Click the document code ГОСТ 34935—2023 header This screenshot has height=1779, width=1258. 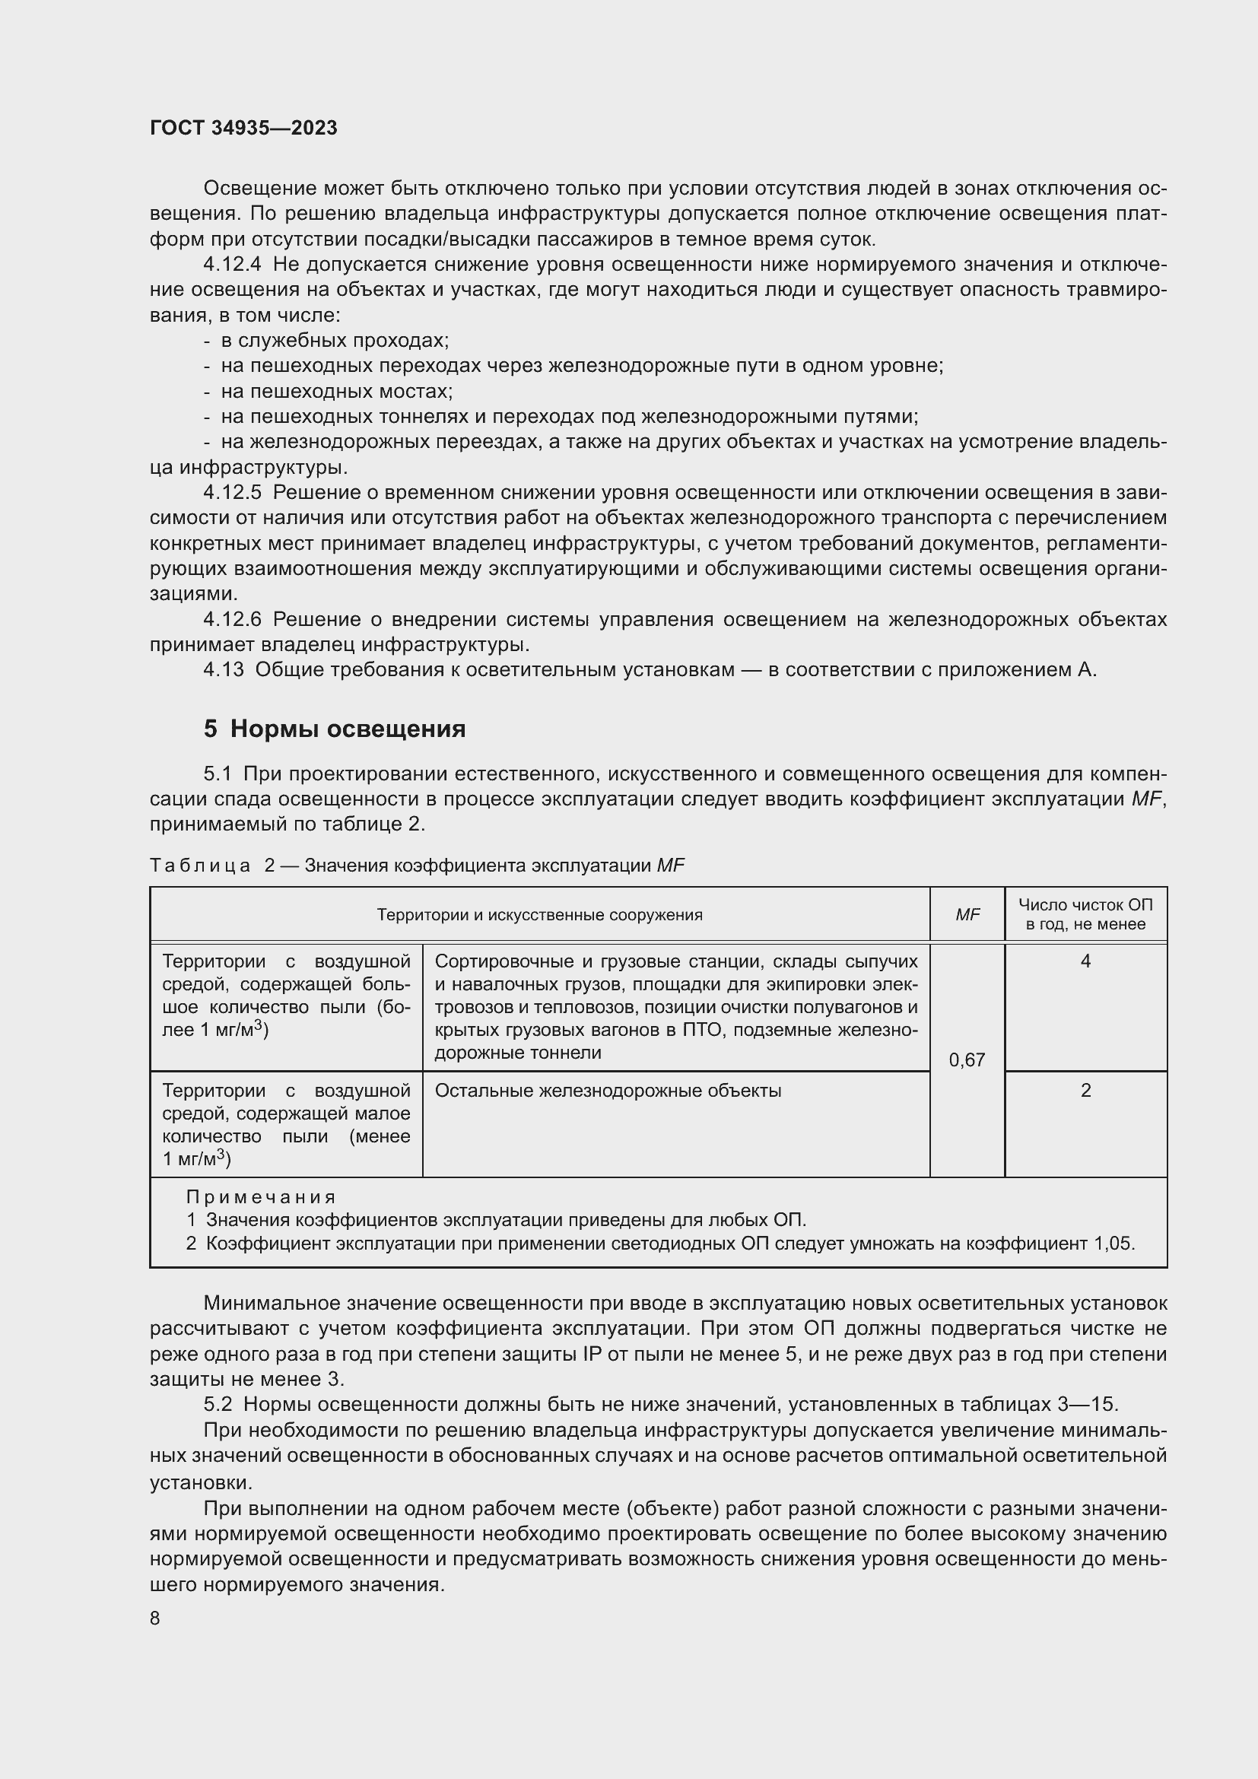[x=243, y=128]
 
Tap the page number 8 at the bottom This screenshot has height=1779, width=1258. [x=155, y=1618]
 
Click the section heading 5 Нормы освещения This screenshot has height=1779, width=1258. [x=335, y=729]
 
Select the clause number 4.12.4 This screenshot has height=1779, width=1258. [x=233, y=265]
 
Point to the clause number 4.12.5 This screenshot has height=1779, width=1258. [x=233, y=493]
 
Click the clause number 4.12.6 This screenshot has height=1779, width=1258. [x=233, y=620]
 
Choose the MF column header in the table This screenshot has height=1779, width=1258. [x=967, y=915]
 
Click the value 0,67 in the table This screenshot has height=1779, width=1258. [x=967, y=1060]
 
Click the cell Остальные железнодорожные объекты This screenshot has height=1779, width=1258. [x=608, y=1091]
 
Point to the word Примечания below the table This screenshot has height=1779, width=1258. [x=261, y=1197]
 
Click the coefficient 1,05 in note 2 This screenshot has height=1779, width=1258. [x=1113, y=1244]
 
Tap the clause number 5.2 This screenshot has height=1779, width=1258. [x=218, y=1404]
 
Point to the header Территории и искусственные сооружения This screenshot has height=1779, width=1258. [x=539, y=915]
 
